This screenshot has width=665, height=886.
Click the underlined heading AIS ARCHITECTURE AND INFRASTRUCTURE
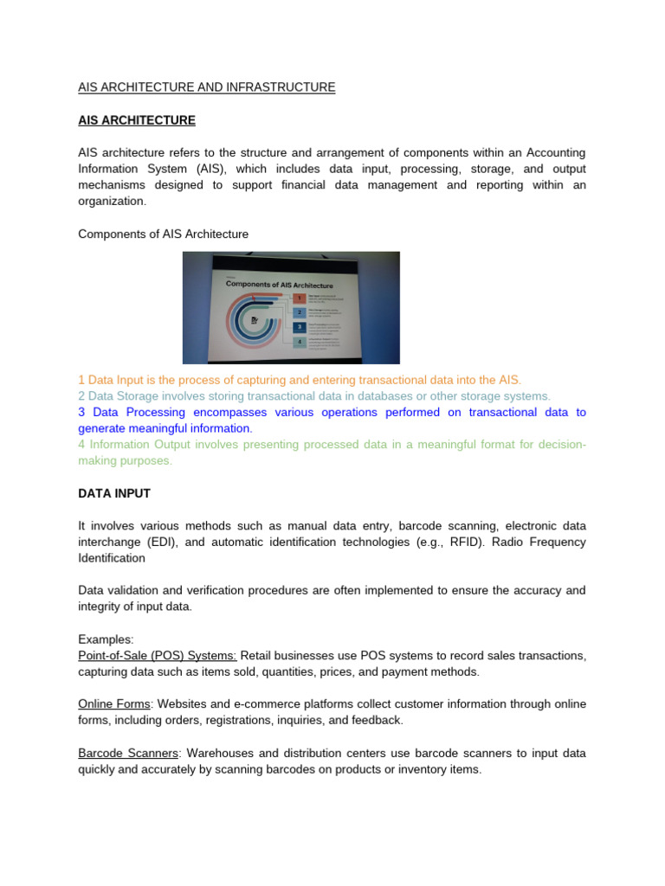(206, 87)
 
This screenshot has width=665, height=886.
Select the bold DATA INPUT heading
(114, 493)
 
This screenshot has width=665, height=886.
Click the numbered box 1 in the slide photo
(300, 298)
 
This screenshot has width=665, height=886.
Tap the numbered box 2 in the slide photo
(300, 312)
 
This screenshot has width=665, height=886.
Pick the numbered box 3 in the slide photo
(300, 328)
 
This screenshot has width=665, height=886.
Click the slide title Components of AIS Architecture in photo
(280, 284)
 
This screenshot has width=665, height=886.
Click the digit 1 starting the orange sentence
(81, 380)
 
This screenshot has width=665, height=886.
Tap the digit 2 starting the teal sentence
(81, 396)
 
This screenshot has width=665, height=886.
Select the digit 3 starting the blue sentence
(81, 413)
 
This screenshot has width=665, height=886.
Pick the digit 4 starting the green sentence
(81, 445)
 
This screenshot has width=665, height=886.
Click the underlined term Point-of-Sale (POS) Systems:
(158, 656)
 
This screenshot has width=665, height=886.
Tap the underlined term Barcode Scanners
(127, 753)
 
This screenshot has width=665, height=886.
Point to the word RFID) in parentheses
(504, 542)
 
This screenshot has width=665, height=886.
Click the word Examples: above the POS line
(106, 639)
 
